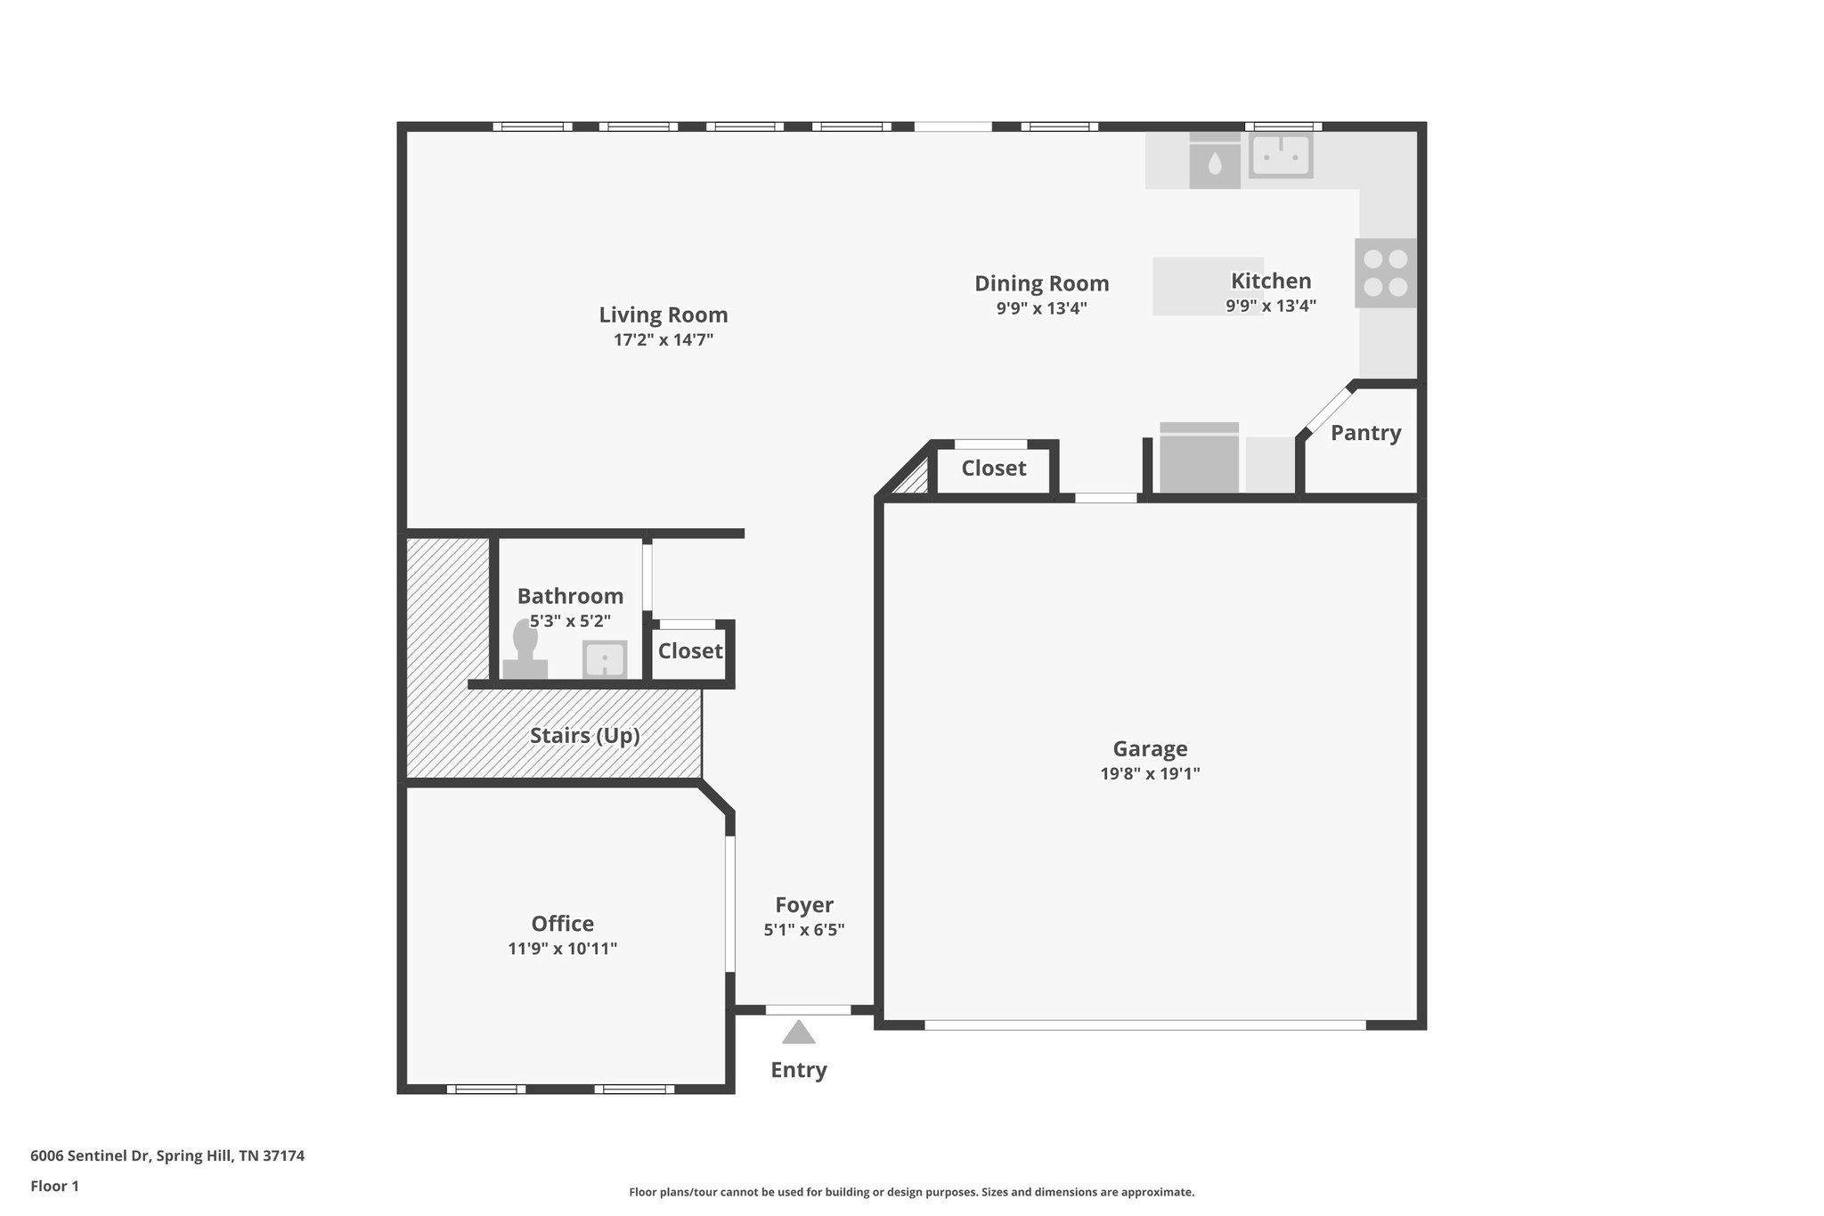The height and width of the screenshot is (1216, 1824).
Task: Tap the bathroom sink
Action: [x=605, y=660]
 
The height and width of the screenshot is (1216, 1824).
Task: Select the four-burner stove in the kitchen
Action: [x=1386, y=273]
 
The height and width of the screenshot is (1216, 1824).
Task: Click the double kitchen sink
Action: [x=1281, y=156]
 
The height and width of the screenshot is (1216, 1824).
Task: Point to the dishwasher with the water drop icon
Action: [x=1215, y=162]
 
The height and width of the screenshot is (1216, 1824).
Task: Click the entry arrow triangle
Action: [x=799, y=1033]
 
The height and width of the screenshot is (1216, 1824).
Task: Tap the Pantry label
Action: [x=1365, y=433]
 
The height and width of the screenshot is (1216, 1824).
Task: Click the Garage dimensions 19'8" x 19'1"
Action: [x=1150, y=774]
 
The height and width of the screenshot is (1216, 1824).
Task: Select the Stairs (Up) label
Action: [x=585, y=736]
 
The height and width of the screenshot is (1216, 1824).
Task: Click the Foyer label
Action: [x=804, y=905]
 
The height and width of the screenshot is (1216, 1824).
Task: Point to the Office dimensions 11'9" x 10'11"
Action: [x=562, y=950]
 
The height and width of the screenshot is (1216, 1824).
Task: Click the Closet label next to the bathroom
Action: [x=690, y=651]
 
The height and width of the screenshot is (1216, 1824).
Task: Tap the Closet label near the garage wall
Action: [x=993, y=469]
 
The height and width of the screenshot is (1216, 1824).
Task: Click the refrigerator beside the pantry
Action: [x=1199, y=459]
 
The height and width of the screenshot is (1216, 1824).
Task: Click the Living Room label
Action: [x=663, y=315]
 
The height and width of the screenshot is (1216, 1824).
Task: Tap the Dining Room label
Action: [x=1041, y=284]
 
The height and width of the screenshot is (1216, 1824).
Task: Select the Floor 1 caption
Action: [x=54, y=1187]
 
